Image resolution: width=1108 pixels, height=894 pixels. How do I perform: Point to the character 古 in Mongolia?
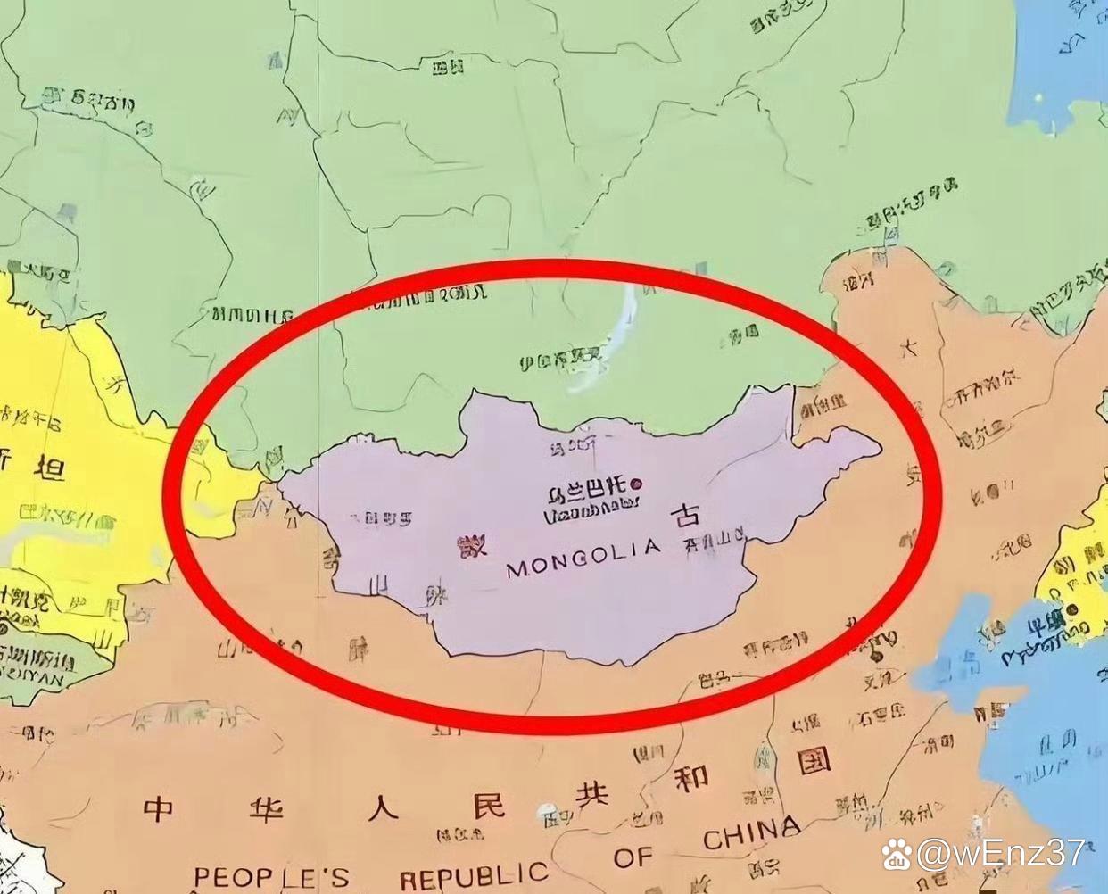[x=685, y=517]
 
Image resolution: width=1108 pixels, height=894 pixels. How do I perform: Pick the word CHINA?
[x=751, y=833]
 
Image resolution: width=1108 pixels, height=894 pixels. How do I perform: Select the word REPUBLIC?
[x=474, y=875]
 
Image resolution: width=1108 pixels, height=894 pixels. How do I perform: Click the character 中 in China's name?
[x=159, y=809]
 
